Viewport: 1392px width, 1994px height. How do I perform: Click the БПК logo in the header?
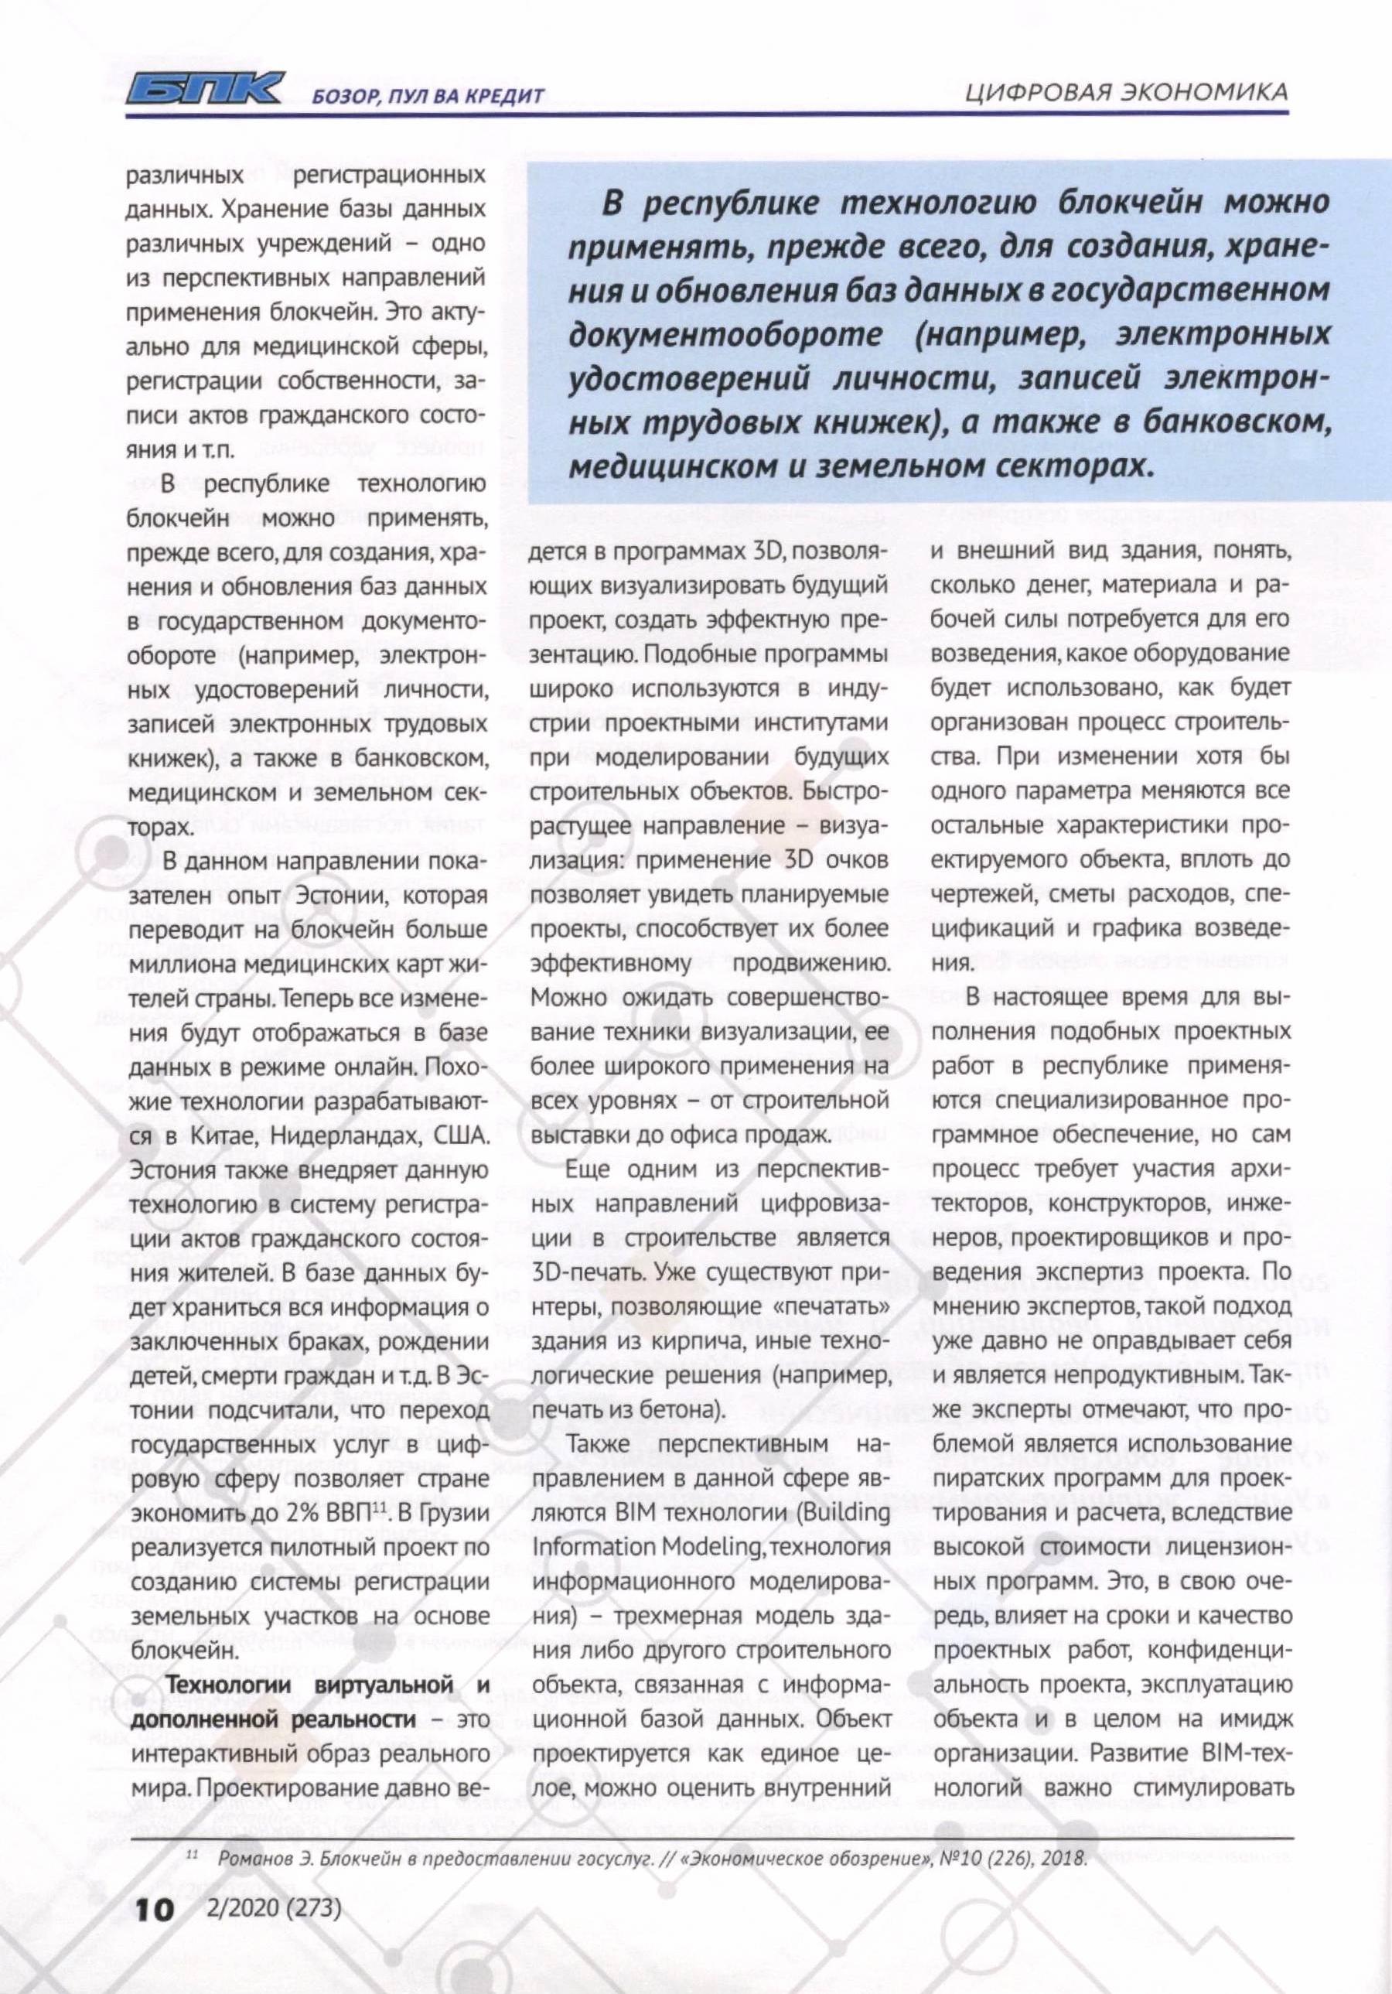pos(203,90)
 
